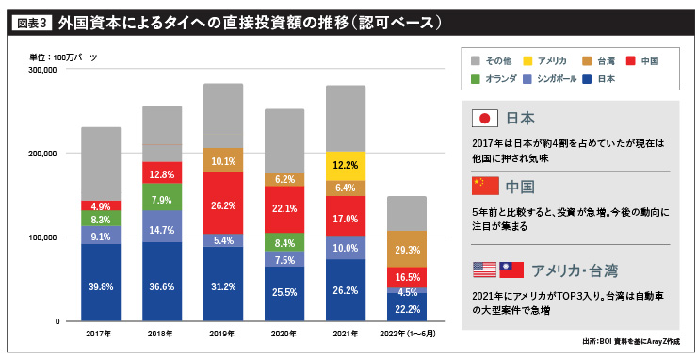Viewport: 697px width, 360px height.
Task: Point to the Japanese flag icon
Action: [x=484, y=118]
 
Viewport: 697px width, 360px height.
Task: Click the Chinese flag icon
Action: [x=484, y=185]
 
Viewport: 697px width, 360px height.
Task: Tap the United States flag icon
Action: [x=483, y=270]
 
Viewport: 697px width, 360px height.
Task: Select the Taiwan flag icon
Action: [x=510, y=270]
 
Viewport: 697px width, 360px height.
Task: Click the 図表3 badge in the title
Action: [x=32, y=21]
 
